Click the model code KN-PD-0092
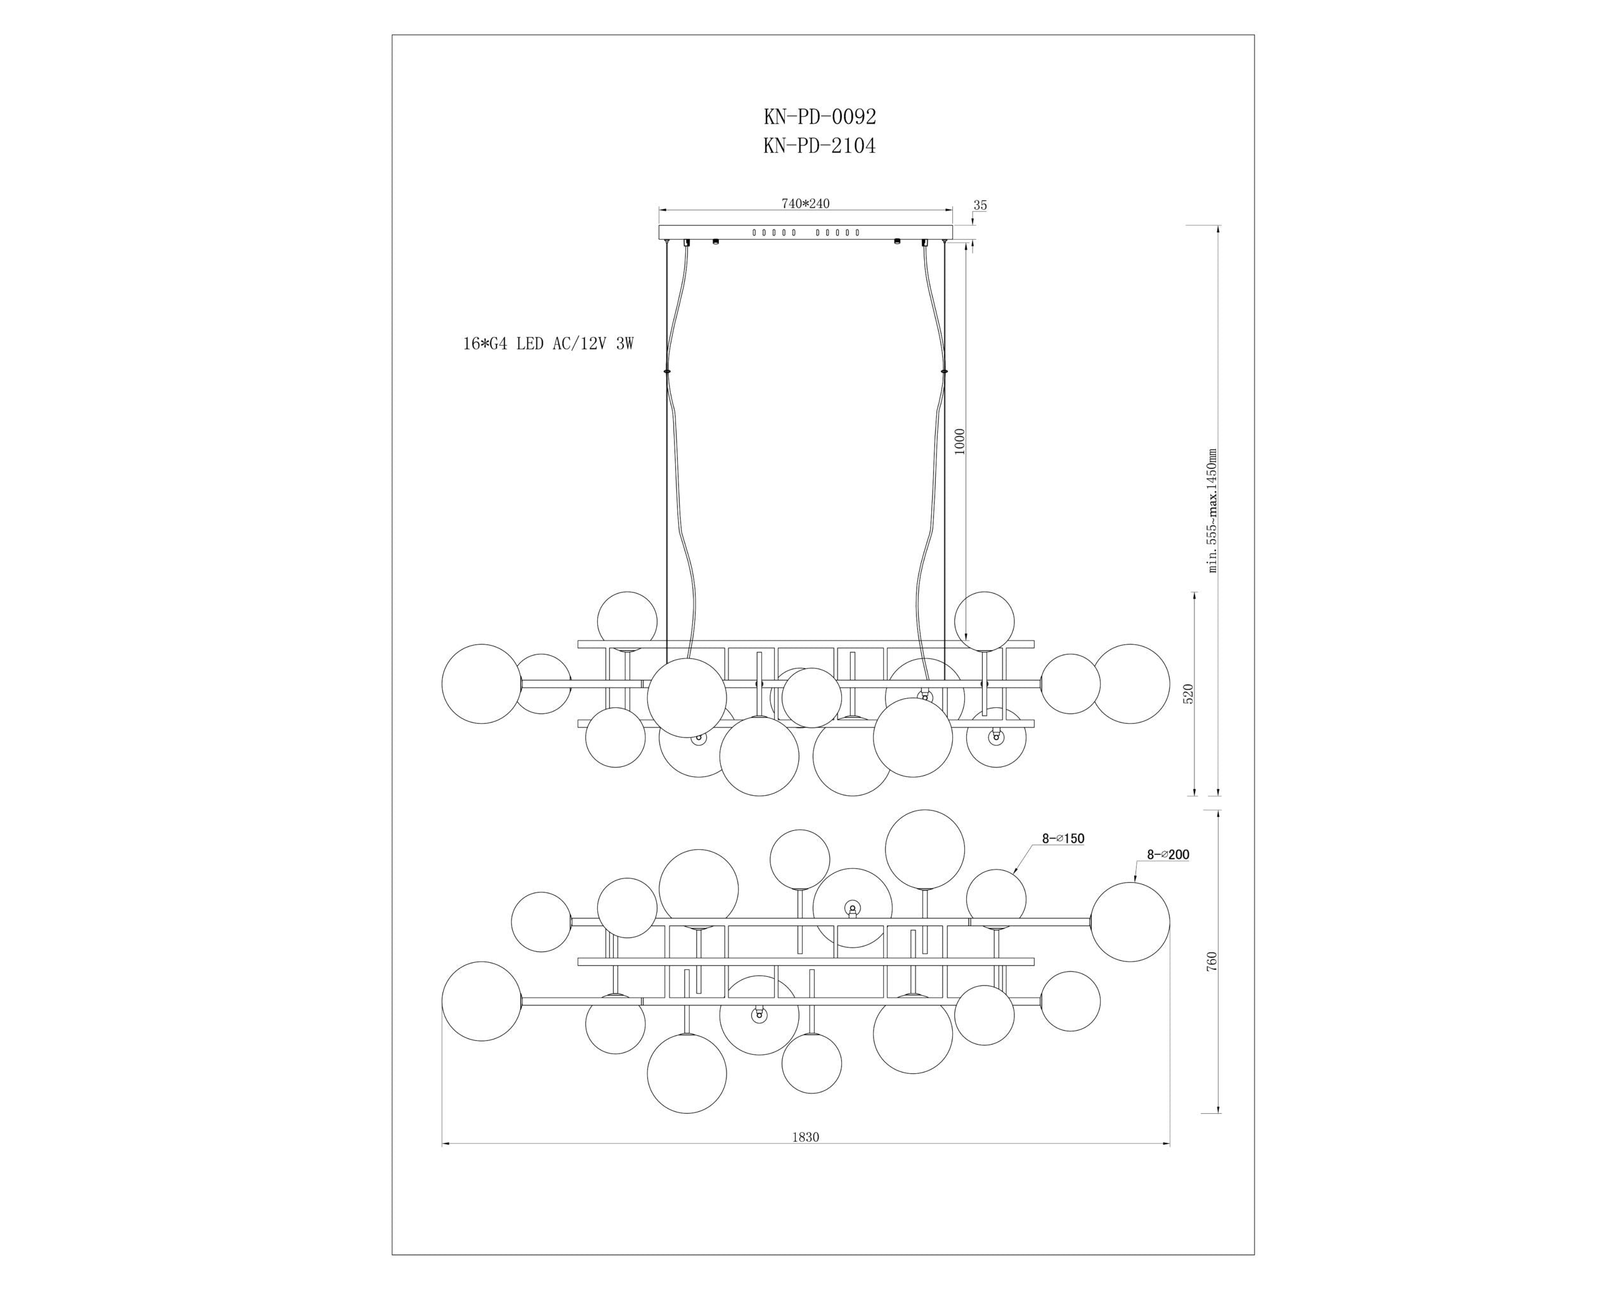(820, 117)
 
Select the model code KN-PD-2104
(820, 145)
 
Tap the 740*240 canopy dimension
(806, 204)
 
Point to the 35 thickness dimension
(980, 205)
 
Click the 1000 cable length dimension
(959, 441)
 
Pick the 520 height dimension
(1188, 693)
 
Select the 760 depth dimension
(1212, 961)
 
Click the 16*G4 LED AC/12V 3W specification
(548, 344)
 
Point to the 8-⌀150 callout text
(1063, 838)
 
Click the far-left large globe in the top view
(481, 1001)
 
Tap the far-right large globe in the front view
(1130, 684)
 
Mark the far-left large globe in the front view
(481, 684)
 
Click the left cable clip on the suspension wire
(667, 371)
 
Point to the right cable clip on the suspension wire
(944, 371)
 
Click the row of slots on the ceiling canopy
(806, 233)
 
